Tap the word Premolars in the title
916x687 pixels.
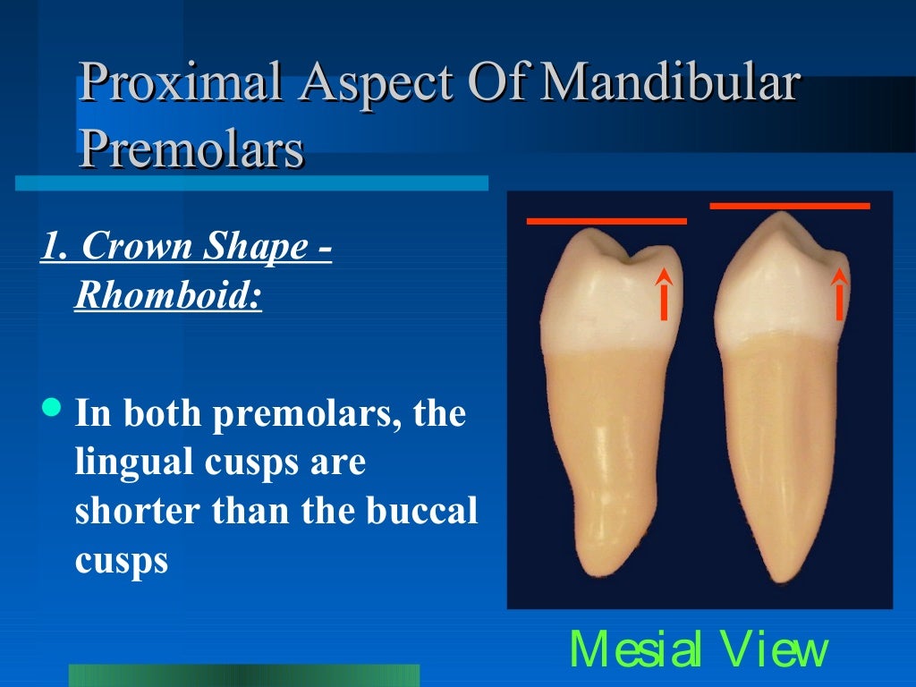[191, 149]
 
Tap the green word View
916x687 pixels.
[776, 650]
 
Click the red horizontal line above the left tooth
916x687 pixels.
[606, 220]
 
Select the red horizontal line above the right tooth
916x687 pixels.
[789, 206]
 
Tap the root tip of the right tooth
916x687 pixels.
[776, 573]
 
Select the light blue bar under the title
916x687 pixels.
[251, 182]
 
